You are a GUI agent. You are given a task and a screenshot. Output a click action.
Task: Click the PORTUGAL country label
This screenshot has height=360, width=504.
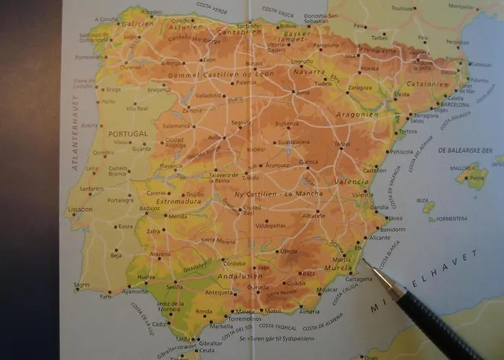127,134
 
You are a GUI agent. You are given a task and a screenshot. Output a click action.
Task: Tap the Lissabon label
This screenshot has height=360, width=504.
80,210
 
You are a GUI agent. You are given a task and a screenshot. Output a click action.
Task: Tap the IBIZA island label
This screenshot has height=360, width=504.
423,199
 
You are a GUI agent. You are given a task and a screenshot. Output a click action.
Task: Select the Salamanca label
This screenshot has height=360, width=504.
176,125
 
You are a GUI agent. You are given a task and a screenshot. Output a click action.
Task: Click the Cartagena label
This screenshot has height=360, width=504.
339,279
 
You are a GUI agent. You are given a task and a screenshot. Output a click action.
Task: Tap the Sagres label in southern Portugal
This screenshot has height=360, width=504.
82,285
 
